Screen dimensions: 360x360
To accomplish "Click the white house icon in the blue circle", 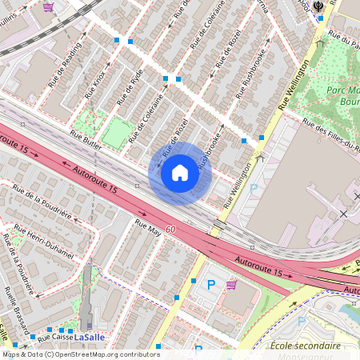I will click(180, 173).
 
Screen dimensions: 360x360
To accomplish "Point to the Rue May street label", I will click(148, 226).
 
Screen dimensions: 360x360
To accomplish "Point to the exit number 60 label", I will click(171, 230).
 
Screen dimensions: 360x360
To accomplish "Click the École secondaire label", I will click(305, 346).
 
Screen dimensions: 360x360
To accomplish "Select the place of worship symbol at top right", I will click(320, 6).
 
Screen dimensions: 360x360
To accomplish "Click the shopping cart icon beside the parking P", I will click(231, 284).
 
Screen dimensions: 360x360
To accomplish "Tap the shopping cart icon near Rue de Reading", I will click(49, 6).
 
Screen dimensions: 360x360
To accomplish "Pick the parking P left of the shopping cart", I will click(211, 284).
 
